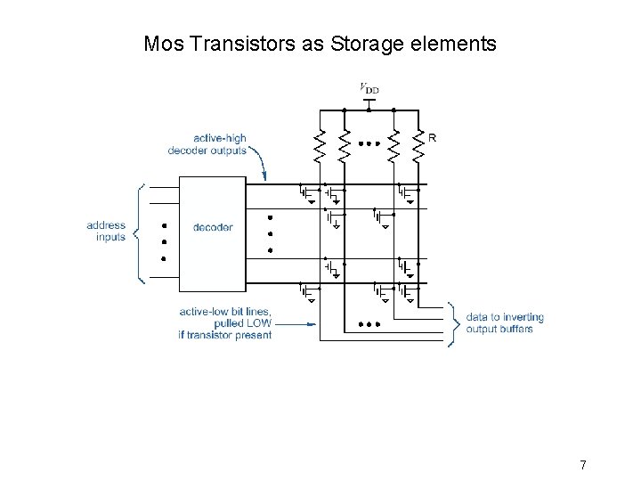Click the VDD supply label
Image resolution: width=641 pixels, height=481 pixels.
pyautogui.click(x=368, y=87)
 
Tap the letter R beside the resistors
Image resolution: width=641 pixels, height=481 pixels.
pyautogui.click(x=432, y=138)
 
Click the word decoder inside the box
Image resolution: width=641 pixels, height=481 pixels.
pyautogui.click(x=213, y=227)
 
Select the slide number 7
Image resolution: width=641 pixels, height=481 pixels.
pyautogui.click(x=582, y=464)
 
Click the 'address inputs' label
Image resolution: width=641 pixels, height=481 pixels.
pyautogui.click(x=108, y=232)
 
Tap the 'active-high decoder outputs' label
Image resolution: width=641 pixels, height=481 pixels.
pyautogui.click(x=207, y=144)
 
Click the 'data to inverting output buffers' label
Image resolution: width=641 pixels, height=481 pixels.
pyautogui.click(x=504, y=322)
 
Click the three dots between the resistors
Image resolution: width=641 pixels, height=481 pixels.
pyautogui.click(x=369, y=143)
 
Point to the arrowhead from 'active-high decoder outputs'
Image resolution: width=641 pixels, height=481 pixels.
pyautogui.click(x=270, y=178)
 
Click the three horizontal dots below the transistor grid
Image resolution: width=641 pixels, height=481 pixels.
pyautogui.click(x=369, y=324)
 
